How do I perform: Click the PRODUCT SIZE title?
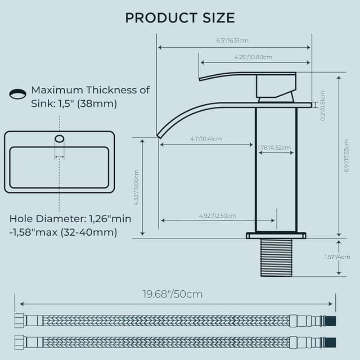tap(180, 17)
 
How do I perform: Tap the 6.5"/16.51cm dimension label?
tap(232, 40)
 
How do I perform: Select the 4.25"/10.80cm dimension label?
tap(253, 57)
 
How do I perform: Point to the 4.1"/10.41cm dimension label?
tap(206, 139)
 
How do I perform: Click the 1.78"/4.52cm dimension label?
tap(274, 148)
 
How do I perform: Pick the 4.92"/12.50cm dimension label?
tap(217, 216)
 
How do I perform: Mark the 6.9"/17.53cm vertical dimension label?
tap(346, 156)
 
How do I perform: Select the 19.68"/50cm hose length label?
tap(172, 294)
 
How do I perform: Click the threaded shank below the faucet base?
tap(276, 257)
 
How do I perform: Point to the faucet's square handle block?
tap(276, 86)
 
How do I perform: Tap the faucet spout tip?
tap(160, 134)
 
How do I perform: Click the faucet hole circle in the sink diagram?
tap(59, 138)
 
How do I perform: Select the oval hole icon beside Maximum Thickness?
tap(18, 94)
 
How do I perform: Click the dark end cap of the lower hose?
tap(331, 341)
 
